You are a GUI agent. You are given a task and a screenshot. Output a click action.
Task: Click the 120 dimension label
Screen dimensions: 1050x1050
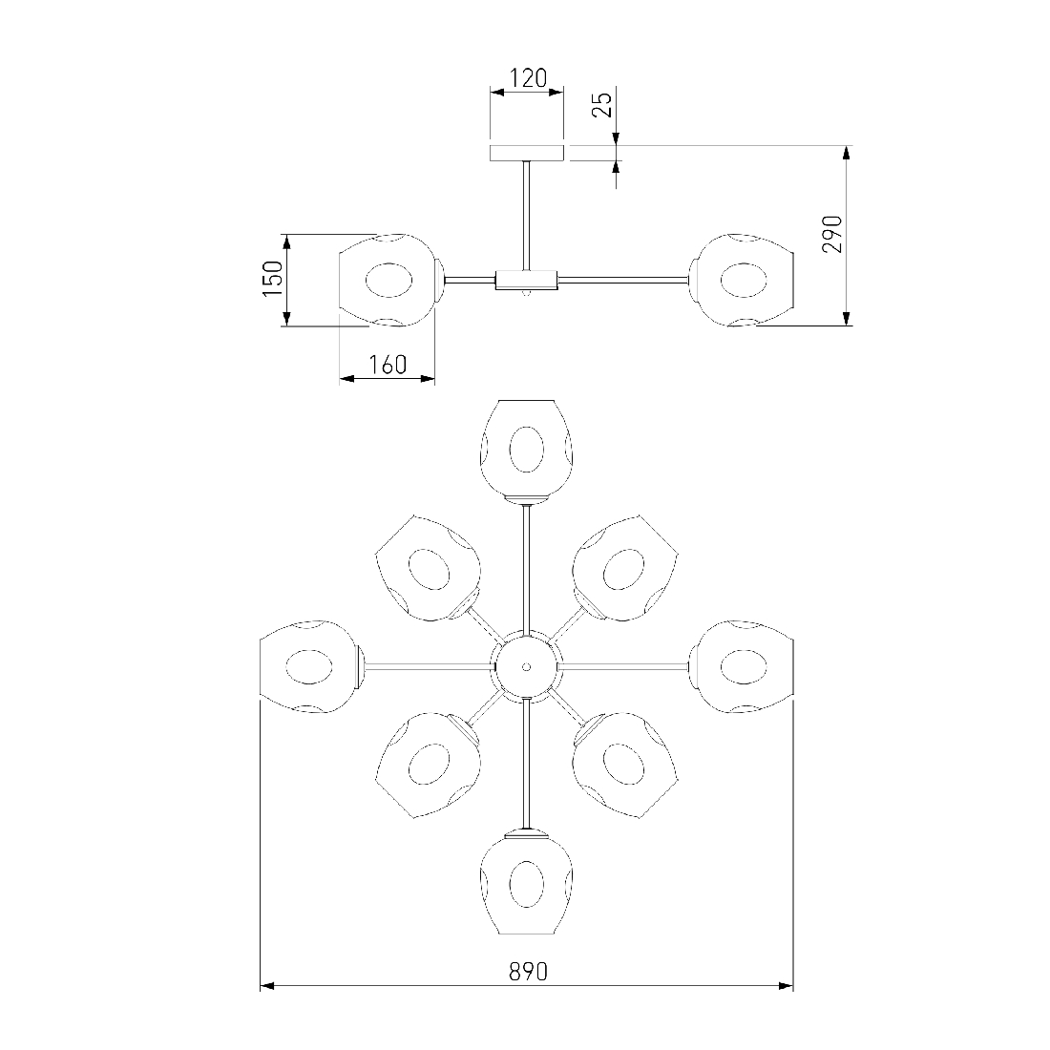[529, 78]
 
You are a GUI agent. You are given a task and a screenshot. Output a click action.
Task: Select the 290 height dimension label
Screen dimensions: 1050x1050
[831, 234]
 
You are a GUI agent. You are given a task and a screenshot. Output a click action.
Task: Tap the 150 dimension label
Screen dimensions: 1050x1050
[273, 279]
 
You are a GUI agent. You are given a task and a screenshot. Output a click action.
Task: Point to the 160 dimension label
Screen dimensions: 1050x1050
[388, 365]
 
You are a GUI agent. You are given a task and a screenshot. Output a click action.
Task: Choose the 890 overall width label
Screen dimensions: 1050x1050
[528, 971]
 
